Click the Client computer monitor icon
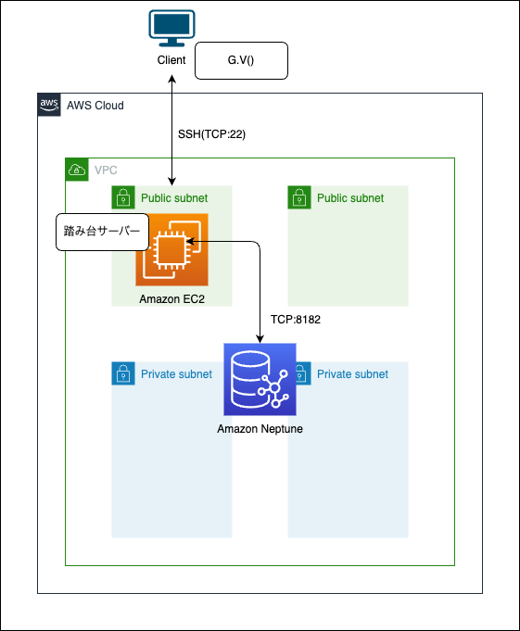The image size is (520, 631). [x=171, y=28]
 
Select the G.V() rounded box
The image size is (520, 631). [x=242, y=60]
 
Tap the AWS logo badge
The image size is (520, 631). [x=49, y=105]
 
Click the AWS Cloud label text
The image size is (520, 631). [x=95, y=106]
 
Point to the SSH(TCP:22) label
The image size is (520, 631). [x=211, y=134]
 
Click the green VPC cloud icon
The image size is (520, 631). [x=77, y=170]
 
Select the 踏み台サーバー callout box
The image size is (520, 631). [x=102, y=232]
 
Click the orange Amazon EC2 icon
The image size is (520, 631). [x=171, y=250]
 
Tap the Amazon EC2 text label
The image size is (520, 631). [x=171, y=299]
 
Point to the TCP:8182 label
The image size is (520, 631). [x=296, y=320]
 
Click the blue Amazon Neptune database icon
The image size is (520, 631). [x=260, y=380]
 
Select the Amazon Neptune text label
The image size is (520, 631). [x=260, y=429]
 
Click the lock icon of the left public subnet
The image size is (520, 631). [x=123, y=197]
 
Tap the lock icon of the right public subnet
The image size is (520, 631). [x=299, y=197]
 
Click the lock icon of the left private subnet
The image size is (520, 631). [x=123, y=373]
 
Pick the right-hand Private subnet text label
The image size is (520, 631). [x=352, y=374]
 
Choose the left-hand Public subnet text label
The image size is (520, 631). [x=174, y=198]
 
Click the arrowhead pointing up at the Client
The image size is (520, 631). [x=171, y=80]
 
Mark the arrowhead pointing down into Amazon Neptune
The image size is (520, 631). [x=260, y=339]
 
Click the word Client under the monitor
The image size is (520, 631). [x=171, y=60]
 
